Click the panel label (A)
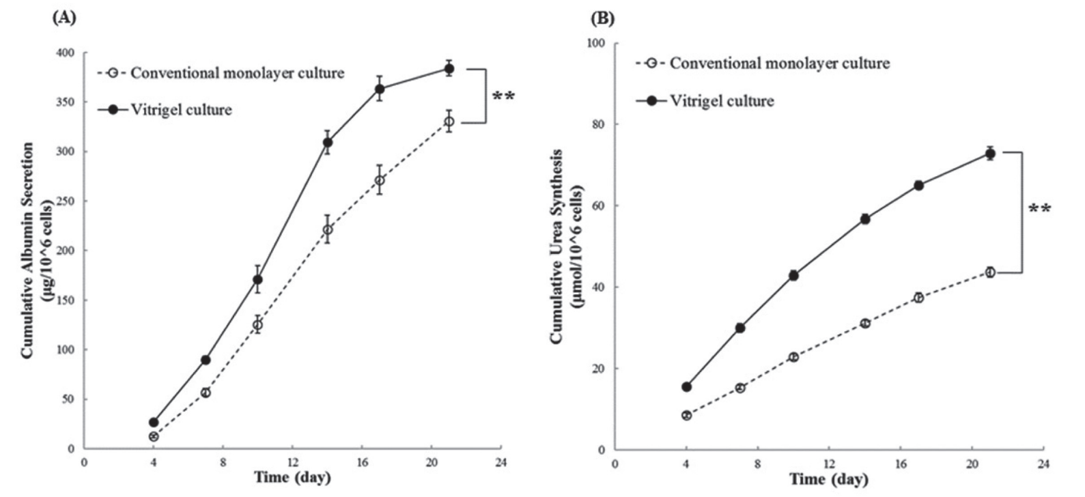click(x=64, y=18)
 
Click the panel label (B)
click(x=602, y=18)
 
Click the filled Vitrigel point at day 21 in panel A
click(x=449, y=69)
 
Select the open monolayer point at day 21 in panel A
click(x=449, y=122)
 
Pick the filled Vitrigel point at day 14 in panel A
click(x=328, y=143)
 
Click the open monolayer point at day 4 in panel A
click(x=154, y=437)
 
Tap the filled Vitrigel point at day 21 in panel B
click(x=990, y=154)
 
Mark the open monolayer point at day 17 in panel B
click(x=918, y=298)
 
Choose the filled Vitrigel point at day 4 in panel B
click(x=686, y=387)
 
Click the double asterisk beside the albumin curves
click(x=503, y=96)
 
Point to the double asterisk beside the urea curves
click(x=1039, y=208)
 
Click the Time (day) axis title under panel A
click(x=292, y=477)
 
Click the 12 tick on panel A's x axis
click(x=292, y=462)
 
